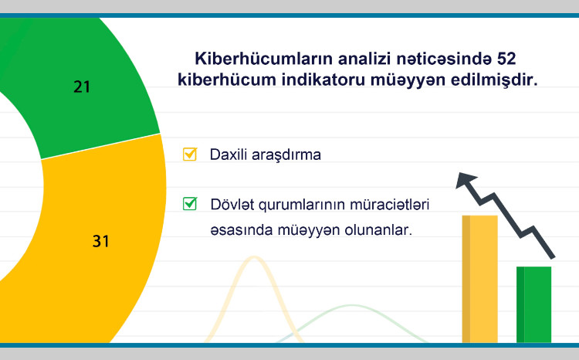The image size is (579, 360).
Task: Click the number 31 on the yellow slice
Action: coord(100,241)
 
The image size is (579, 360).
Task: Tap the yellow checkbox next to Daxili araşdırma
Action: coord(189,154)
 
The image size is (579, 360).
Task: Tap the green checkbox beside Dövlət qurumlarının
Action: coord(189,205)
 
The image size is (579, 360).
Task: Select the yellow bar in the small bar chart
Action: coord(479,278)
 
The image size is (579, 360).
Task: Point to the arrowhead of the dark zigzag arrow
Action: coord(464,180)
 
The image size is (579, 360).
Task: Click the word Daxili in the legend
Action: coord(227,155)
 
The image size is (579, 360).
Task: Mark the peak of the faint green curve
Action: coord(345,307)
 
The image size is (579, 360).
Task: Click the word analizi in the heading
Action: coord(351,59)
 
